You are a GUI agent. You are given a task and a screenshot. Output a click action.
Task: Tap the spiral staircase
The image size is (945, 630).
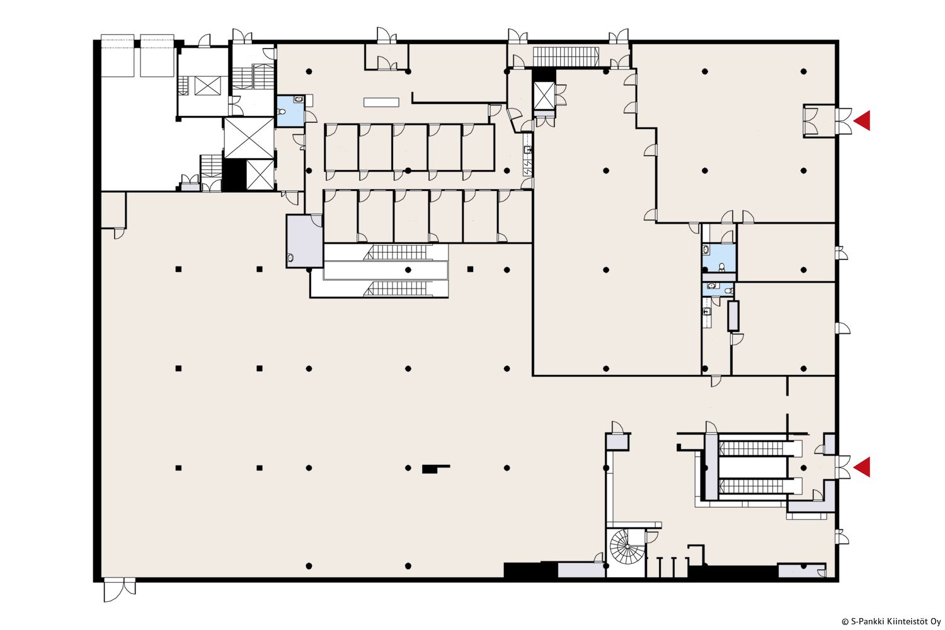pyautogui.click(x=626, y=547)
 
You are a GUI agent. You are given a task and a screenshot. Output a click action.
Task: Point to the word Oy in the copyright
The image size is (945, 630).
pyautogui.click(x=936, y=622)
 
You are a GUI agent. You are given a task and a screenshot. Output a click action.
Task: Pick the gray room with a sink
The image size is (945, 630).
pyautogui.click(x=304, y=241)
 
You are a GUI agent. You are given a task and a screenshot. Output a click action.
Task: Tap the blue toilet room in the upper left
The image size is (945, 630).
pyautogui.click(x=290, y=111)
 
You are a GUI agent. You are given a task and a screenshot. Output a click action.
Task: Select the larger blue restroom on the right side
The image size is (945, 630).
pyautogui.click(x=719, y=258)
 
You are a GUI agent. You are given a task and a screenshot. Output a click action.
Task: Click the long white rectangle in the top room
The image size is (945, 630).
pyautogui.click(x=381, y=102)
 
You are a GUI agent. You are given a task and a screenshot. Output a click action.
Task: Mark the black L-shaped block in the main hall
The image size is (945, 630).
pyautogui.click(x=435, y=468)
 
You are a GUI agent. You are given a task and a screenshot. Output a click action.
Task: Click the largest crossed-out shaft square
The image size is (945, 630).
pyautogui.click(x=249, y=138)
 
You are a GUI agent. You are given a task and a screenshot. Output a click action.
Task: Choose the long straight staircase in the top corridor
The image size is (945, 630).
pyautogui.click(x=566, y=57)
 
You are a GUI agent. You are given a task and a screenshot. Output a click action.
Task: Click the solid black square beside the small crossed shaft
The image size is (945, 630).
pyautogui.click(x=234, y=175)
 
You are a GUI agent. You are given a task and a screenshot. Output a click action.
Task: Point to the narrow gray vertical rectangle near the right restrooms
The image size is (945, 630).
pyautogui.click(x=733, y=316)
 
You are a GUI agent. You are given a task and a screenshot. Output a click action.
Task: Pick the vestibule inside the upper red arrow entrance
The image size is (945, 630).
pyautogui.click(x=819, y=120)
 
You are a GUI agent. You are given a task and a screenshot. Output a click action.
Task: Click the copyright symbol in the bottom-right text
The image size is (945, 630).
pyautogui.click(x=845, y=622)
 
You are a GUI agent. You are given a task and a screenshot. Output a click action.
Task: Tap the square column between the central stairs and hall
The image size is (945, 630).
pyautogui.click(x=471, y=269)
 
